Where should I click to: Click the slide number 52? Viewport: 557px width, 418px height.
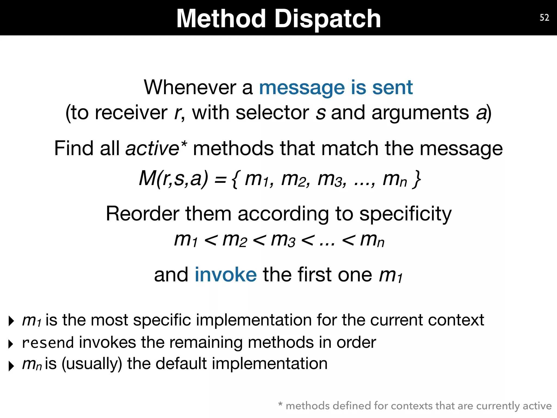[544, 18]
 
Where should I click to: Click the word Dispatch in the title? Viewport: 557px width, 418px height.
[328, 19]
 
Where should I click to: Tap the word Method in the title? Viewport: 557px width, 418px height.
[221, 19]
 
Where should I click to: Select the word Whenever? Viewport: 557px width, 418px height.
[190, 88]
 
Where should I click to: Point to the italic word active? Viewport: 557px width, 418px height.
[152, 149]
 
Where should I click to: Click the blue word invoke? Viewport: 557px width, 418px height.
[225, 275]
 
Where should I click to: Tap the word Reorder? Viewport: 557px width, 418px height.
[142, 214]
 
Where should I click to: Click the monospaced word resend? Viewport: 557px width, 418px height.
[48, 343]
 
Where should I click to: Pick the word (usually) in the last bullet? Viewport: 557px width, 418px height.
[92, 364]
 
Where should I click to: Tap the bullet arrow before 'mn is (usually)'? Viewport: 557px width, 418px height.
[11, 366]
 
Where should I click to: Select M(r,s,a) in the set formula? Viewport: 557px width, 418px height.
[174, 179]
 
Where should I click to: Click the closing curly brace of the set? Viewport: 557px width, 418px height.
[416, 179]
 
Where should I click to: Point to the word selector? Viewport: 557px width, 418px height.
[272, 113]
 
